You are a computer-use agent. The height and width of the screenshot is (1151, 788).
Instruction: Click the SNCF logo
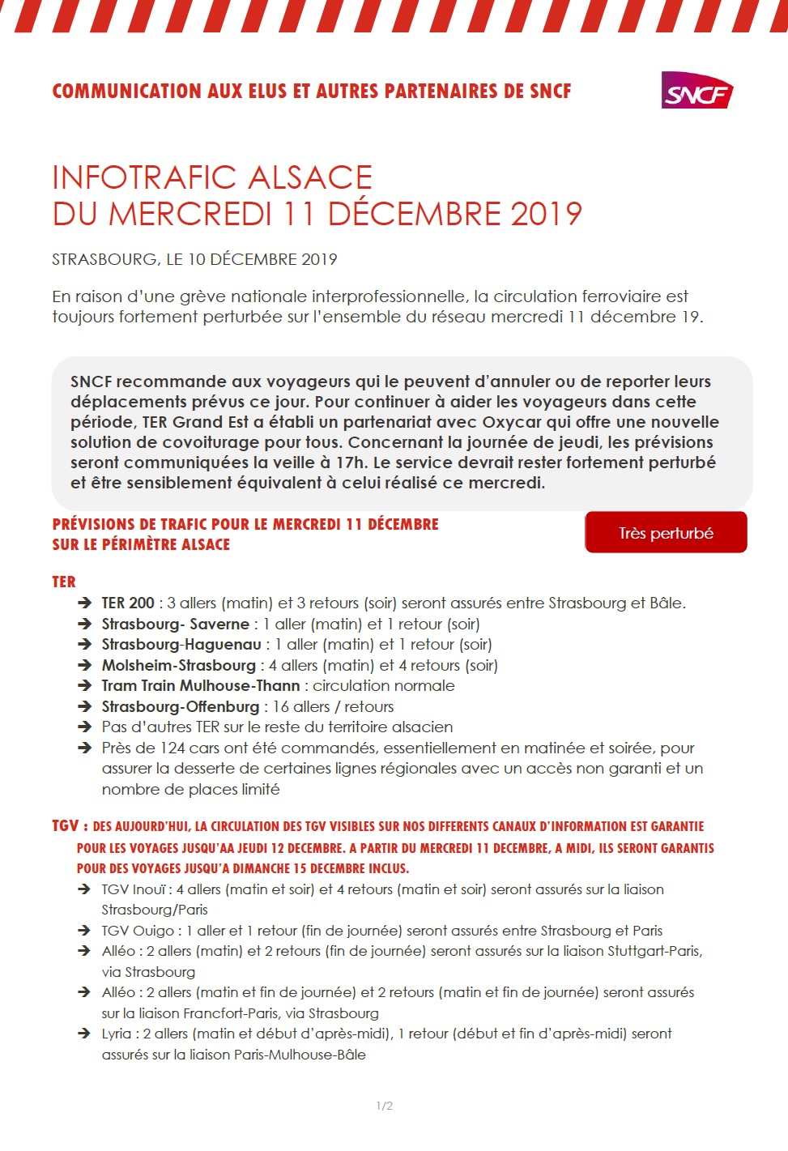(x=696, y=91)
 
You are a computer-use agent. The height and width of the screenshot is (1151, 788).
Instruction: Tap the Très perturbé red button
(x=666, y=533)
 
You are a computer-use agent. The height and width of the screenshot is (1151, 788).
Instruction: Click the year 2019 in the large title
(x=546, y=214)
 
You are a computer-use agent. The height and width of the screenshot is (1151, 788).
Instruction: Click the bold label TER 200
(x=128, y=603)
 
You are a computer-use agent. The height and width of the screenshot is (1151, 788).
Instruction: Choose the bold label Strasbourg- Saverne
(x=176, y=625)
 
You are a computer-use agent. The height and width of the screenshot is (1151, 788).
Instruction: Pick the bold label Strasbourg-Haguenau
(x=181, y=645)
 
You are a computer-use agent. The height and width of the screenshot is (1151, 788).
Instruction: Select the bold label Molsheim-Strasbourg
(x=179, y=666)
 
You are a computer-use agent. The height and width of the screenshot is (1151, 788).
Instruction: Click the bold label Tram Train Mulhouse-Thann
(x=201, y=686)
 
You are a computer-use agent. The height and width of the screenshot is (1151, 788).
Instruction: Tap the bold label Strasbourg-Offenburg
(x=181, y=707)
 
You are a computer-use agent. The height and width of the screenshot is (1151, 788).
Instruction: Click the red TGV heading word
(x=65, y=826)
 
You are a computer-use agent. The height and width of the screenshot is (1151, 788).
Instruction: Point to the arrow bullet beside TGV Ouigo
(x=84, y=931)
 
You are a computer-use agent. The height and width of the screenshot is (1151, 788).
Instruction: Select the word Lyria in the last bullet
(x=117, y=1034)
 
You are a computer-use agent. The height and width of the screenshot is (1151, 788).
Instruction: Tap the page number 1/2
(x=385, y=1106)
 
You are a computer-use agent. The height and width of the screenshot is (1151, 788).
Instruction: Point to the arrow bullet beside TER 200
(x=84, y=603)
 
